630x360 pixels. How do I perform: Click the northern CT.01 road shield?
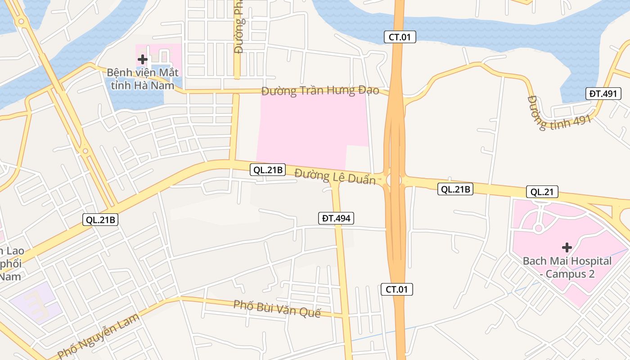tap(400, 37)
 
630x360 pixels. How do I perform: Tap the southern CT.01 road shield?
tap(396, 289)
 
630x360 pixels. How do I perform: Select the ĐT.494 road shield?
tap(336, 218)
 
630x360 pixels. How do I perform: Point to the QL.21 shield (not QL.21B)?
tap(542, 192)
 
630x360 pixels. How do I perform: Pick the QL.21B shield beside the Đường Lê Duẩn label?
tap(267, 170)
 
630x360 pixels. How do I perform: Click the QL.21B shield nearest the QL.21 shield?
tap(455, 189)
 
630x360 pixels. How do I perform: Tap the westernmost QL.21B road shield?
tap(100, 220)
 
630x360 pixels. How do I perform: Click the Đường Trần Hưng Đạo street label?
tap(320, 90)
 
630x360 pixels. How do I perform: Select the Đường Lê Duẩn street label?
tap(335, 176)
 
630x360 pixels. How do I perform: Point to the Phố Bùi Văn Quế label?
tap(277, 309)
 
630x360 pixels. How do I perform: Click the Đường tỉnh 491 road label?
tap(559, 113)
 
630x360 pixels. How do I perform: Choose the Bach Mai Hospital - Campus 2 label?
tap(567, 267)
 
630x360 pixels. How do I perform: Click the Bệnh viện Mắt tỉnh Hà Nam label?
tap(143, 78)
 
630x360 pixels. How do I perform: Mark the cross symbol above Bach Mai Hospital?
tap(567, 247)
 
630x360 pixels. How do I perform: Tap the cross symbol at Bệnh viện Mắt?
tap(143, 59)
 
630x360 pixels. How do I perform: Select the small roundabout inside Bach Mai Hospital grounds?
tap(538, 228)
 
